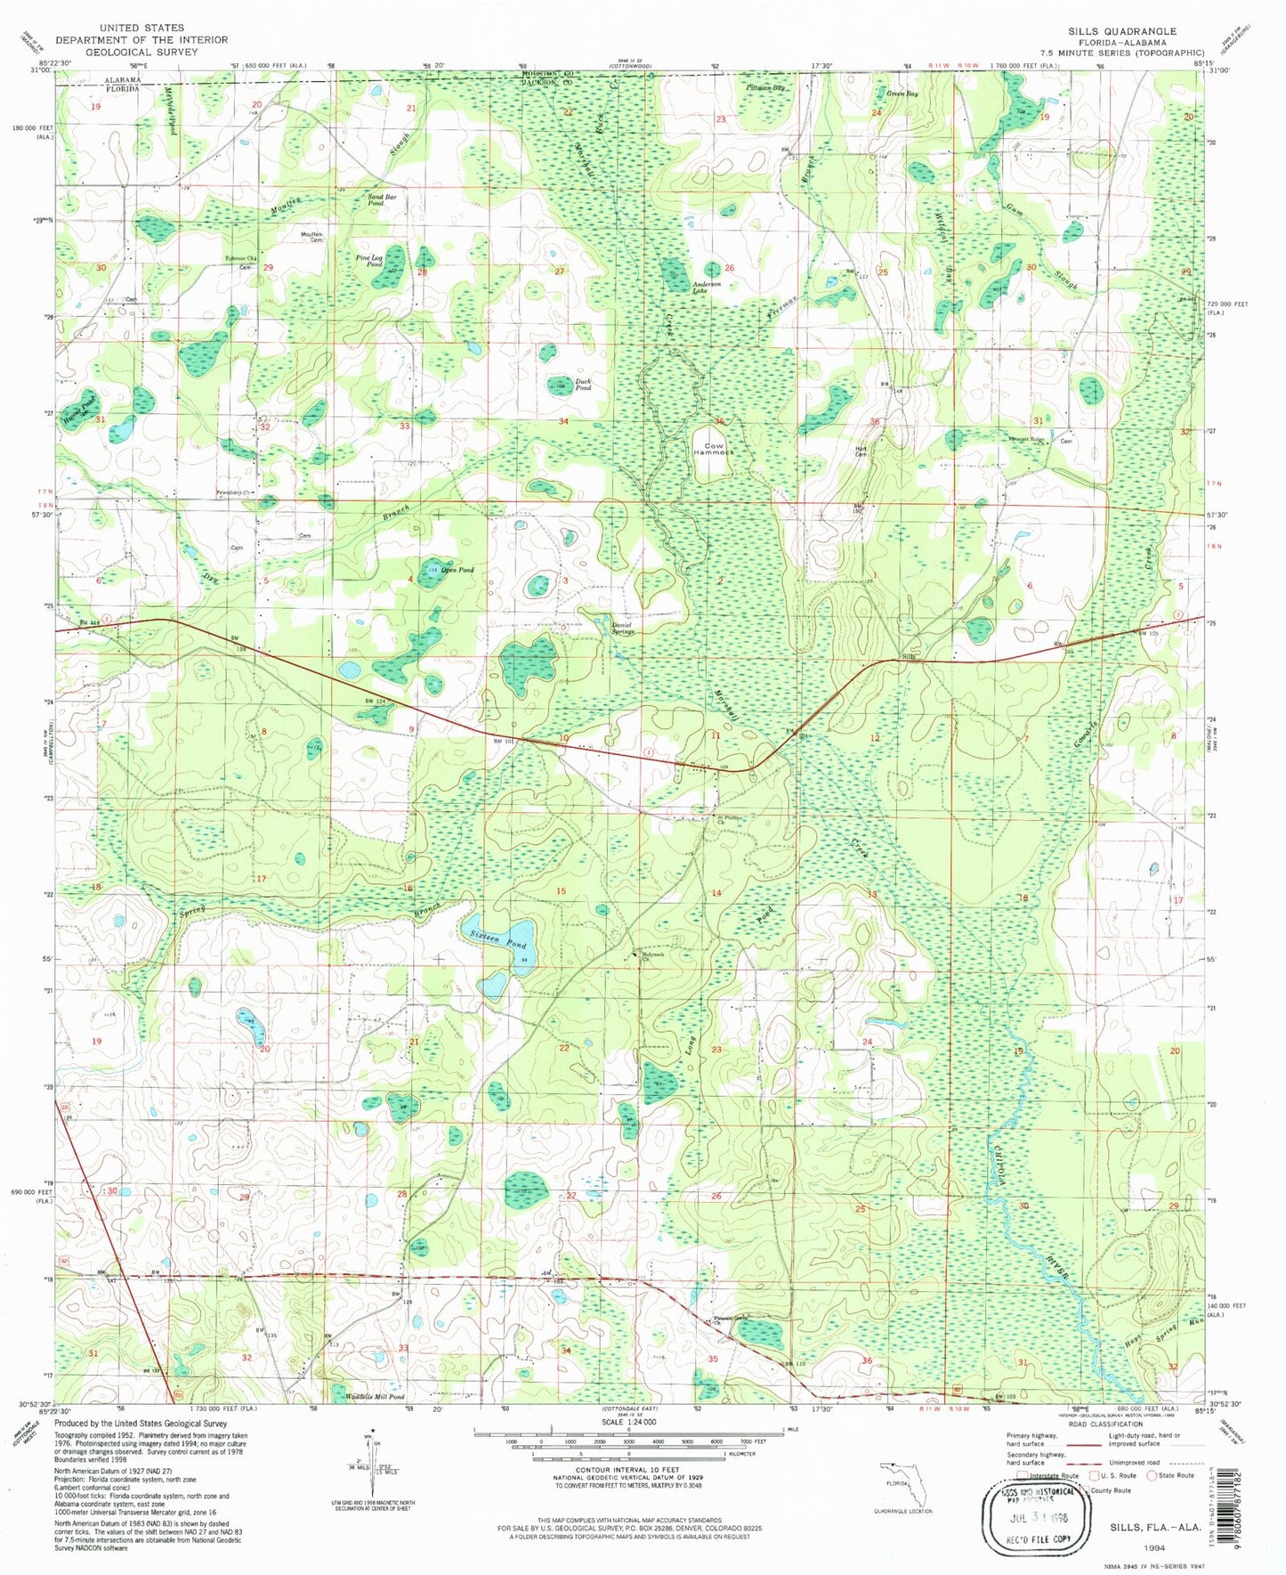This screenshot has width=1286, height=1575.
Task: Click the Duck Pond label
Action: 583,385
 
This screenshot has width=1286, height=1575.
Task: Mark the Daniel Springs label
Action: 623,629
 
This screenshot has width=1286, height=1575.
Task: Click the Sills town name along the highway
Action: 909,657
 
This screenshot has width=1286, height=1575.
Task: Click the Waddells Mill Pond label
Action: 373,1397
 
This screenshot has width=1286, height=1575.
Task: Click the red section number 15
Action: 561,891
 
